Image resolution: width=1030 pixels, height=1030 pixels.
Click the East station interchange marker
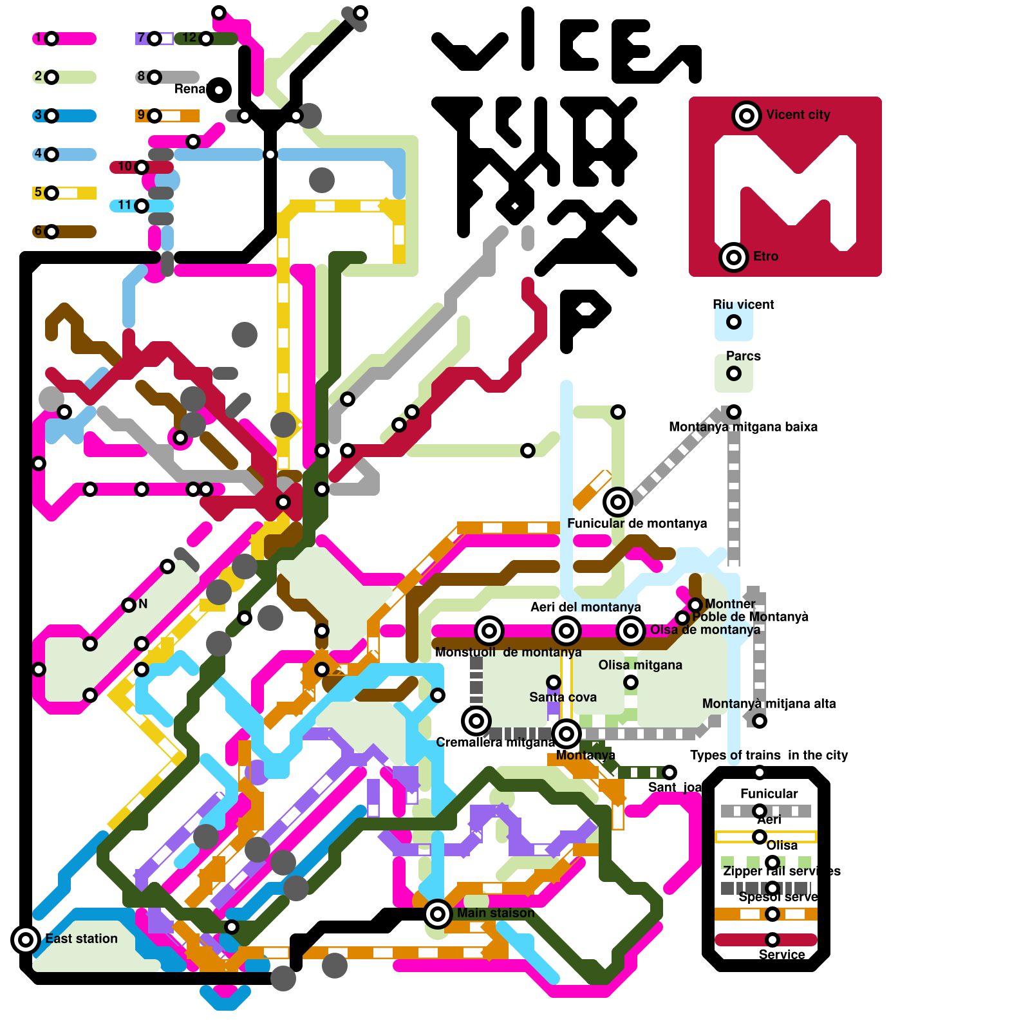point(26,940)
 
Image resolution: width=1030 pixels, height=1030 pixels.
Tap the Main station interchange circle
point(438,913)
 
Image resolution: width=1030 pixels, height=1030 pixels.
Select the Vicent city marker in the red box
point(747,116)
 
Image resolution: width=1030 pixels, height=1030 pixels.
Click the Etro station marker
point(734,257)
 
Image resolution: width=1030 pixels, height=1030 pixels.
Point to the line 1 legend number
point(39,38)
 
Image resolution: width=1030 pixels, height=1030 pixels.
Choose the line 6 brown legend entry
point(64,232)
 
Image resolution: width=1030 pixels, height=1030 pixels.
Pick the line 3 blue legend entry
point(64,116)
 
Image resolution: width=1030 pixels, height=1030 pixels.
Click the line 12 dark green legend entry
point(206,39)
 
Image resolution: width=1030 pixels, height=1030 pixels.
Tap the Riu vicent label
point(743,304)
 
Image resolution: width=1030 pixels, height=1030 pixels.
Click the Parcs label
point(743,356)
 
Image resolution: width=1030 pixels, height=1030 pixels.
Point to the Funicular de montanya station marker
point(618,501)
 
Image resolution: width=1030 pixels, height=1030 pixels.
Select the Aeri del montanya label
point(585,607)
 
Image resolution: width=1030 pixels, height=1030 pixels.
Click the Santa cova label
point(563,697)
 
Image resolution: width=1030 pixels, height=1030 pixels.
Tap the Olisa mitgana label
point(640,665)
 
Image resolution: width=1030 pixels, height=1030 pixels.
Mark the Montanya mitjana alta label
point(769,704)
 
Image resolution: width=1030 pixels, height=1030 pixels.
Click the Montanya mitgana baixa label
point(743,427)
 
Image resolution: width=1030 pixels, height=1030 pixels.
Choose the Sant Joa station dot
point(669,772)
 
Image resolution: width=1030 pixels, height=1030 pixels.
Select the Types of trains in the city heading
point(769,755)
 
